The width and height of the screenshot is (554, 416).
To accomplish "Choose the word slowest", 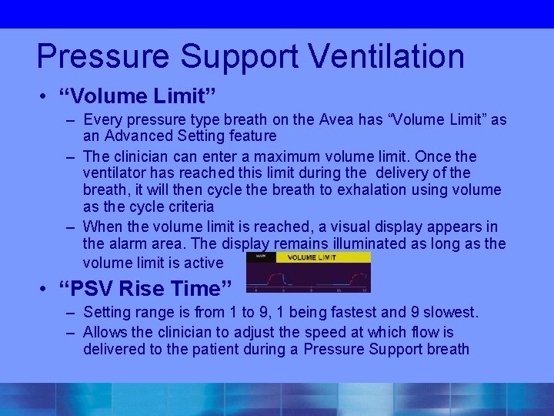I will (447, 312).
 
